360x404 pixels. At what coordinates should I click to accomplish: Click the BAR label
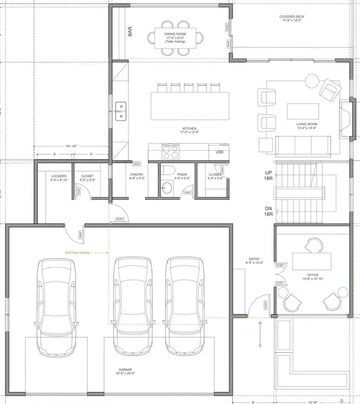pyautogui.click(x=130, y=32)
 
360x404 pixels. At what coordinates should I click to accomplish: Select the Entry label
pyautogui.click(x=254, y=262)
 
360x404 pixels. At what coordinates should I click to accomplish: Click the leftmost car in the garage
pyautogui.click(x=57, y=301)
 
